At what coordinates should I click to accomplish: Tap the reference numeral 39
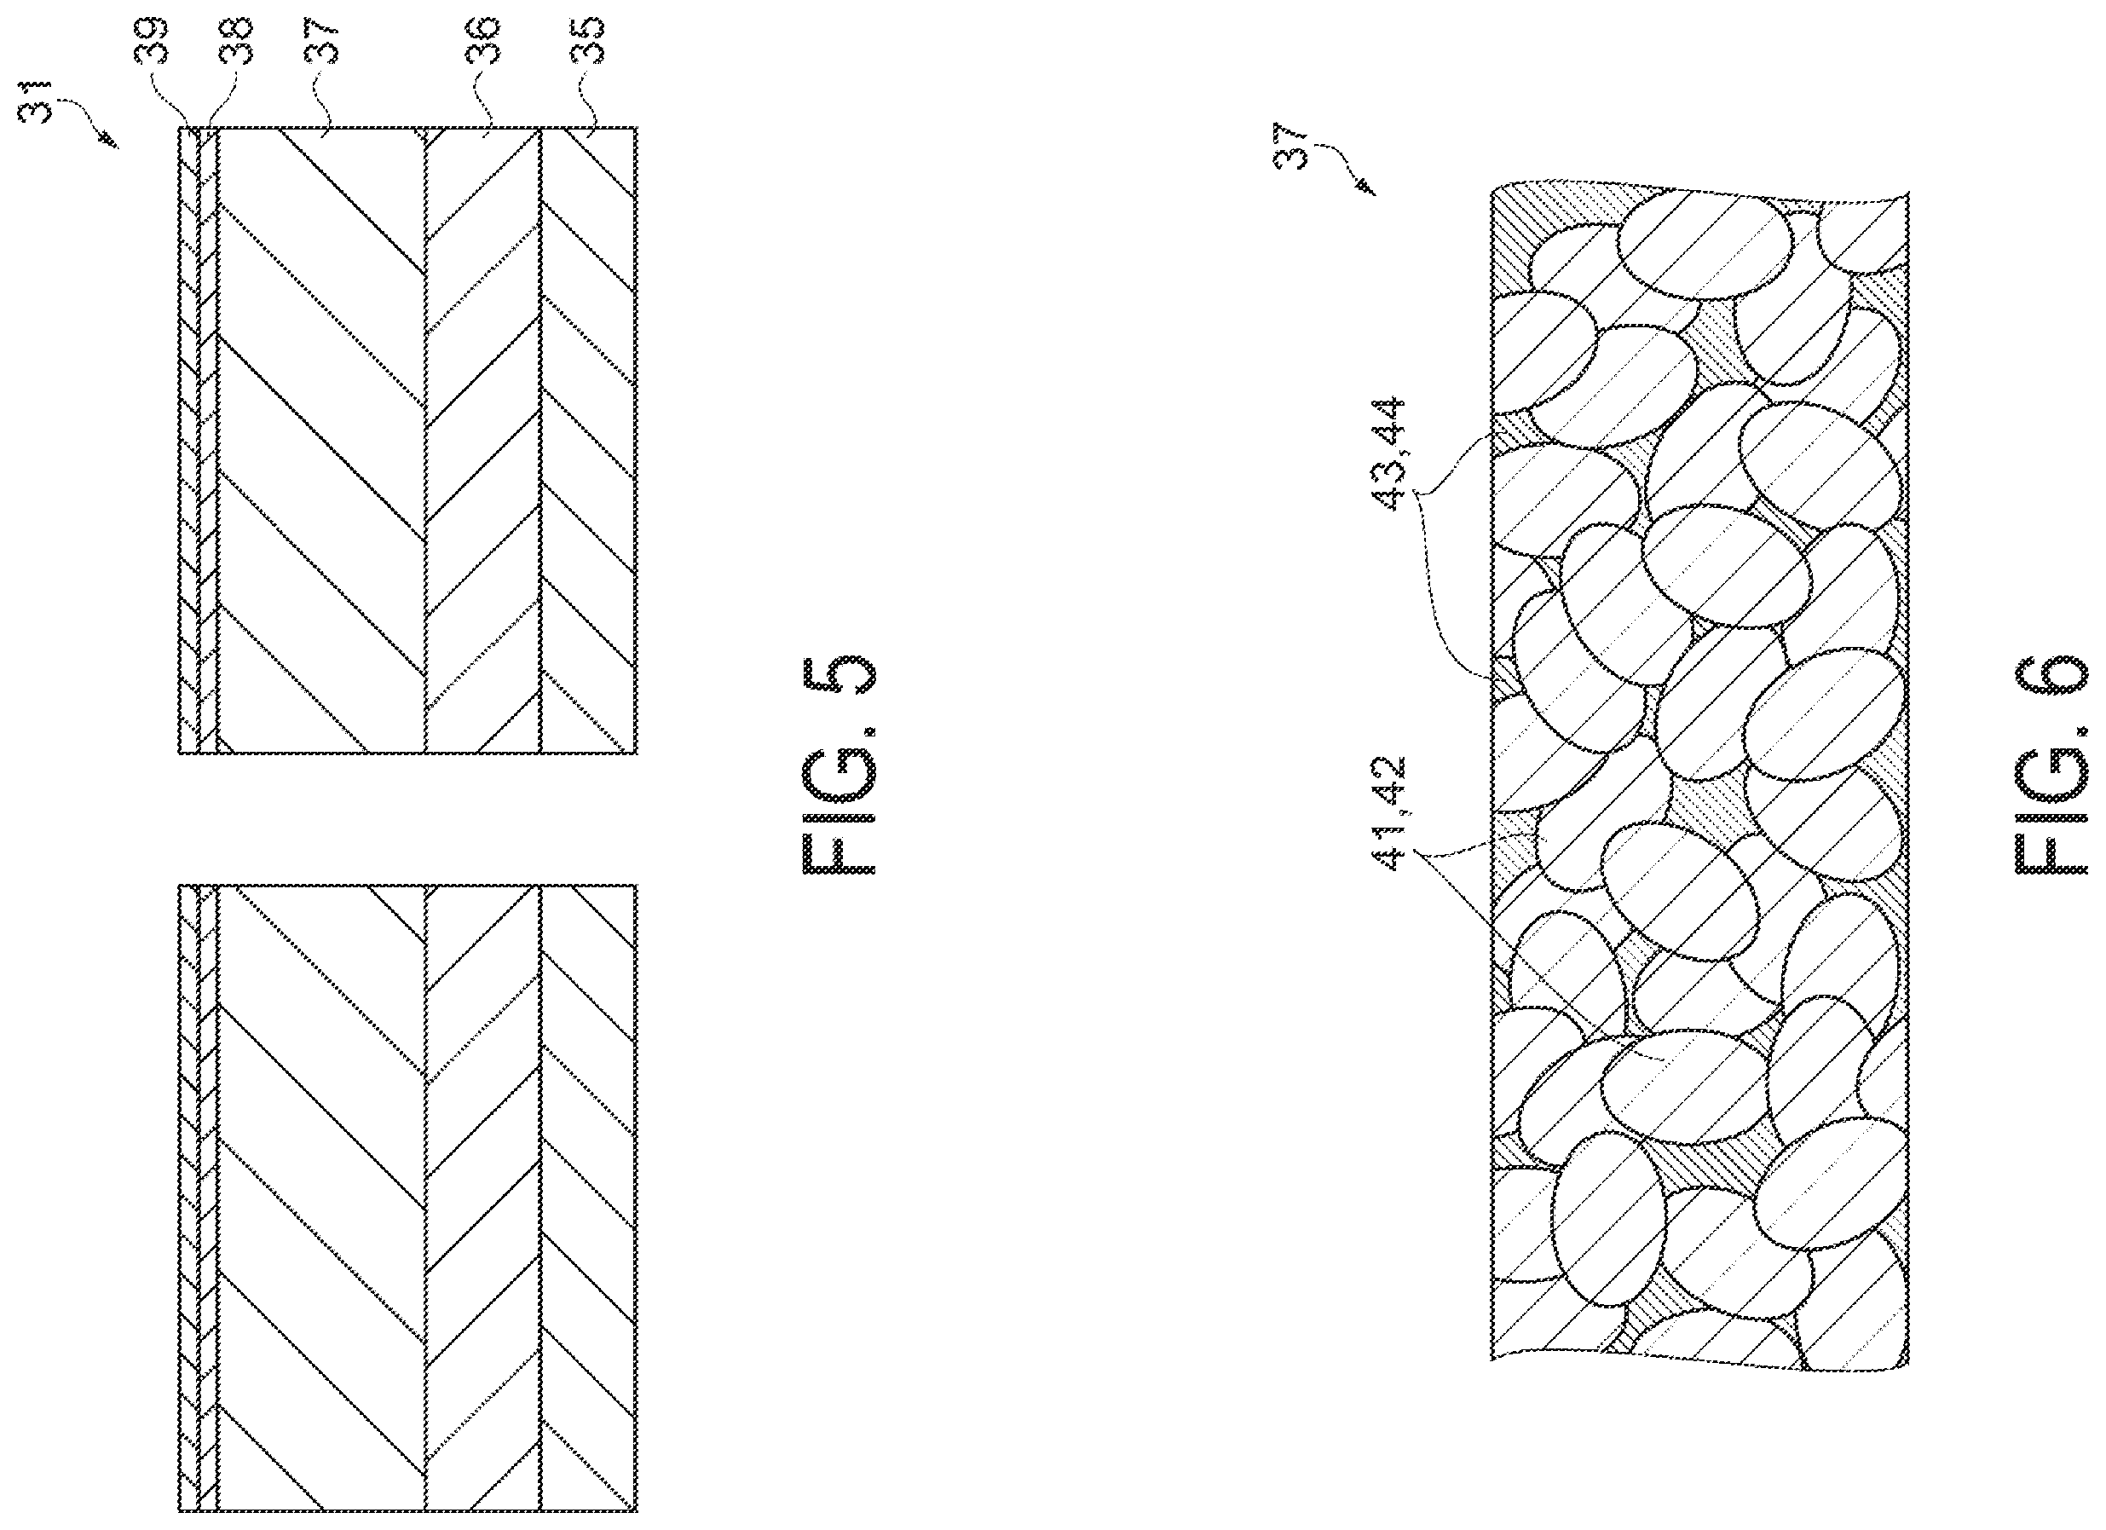(x=153, y=42)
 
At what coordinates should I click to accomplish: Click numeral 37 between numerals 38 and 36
(x=320, y=42)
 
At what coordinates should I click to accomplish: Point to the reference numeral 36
(x=483, y=42)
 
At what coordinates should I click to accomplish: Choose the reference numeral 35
(x=587, y=42)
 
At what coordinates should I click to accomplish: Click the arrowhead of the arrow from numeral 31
(x=112, y=142)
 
